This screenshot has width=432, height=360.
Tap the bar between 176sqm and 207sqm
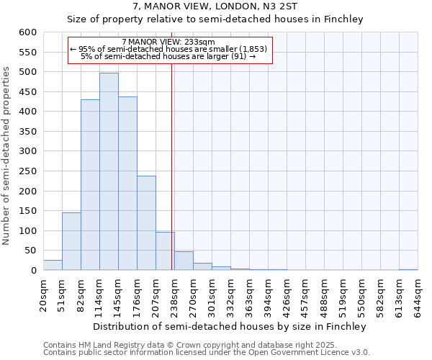point(146,223)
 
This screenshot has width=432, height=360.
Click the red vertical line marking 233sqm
point(172,180)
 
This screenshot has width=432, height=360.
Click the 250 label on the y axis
point(27,192)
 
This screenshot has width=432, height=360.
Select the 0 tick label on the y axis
point(32,271)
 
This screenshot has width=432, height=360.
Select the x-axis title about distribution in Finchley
point(230,326)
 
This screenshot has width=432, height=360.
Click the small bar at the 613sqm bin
point(408,269)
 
